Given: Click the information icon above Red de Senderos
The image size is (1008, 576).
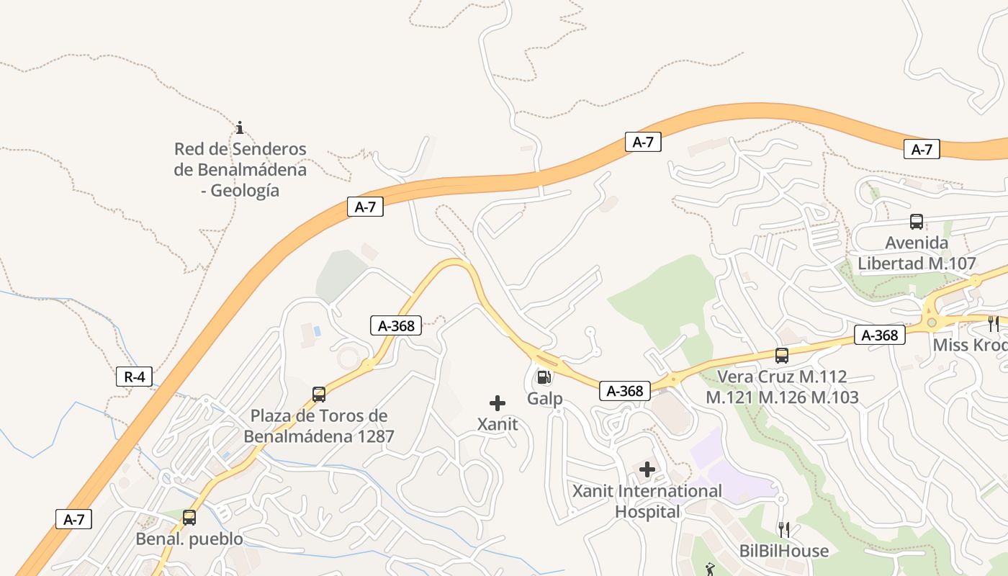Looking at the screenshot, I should [x=240, y=127].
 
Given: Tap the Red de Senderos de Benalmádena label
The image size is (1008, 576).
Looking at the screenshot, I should [x=240, y=170].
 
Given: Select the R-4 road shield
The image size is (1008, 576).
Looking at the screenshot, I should [x=134, y=376].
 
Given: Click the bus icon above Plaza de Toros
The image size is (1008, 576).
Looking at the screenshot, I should [x=319, y=394].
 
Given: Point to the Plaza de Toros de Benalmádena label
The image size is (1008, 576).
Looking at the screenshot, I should [x=319, y=426].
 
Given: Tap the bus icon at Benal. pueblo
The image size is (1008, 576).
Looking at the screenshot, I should [x=189, y=517].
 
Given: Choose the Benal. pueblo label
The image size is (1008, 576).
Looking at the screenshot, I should [x=189, y=539].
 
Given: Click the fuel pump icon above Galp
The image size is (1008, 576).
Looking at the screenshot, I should [x=544, y=377].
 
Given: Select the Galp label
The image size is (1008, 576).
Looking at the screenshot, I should [x=544, y=398].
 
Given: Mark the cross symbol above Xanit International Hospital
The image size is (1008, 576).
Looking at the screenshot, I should [x=647, y=470].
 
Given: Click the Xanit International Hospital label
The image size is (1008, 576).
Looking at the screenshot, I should [x=647, y=501].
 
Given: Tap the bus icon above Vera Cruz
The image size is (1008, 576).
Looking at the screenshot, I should [x=782, y=355].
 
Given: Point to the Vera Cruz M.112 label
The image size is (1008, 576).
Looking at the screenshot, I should [x=782, y=387].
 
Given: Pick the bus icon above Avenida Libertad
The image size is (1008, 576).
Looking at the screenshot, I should [x=917, y=222].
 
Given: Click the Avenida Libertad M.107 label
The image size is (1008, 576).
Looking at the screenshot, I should [x=917, y=253].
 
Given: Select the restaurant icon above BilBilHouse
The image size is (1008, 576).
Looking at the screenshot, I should [x=784, y=530].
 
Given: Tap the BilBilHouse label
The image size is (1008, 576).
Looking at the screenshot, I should [x=784, y=551].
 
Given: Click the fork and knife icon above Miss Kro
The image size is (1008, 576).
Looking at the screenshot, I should [x=993, y=323].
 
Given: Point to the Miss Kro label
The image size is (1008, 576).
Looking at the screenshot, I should [x=970, y=345].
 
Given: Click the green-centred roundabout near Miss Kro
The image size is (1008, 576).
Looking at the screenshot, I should [x=931, y=323].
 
